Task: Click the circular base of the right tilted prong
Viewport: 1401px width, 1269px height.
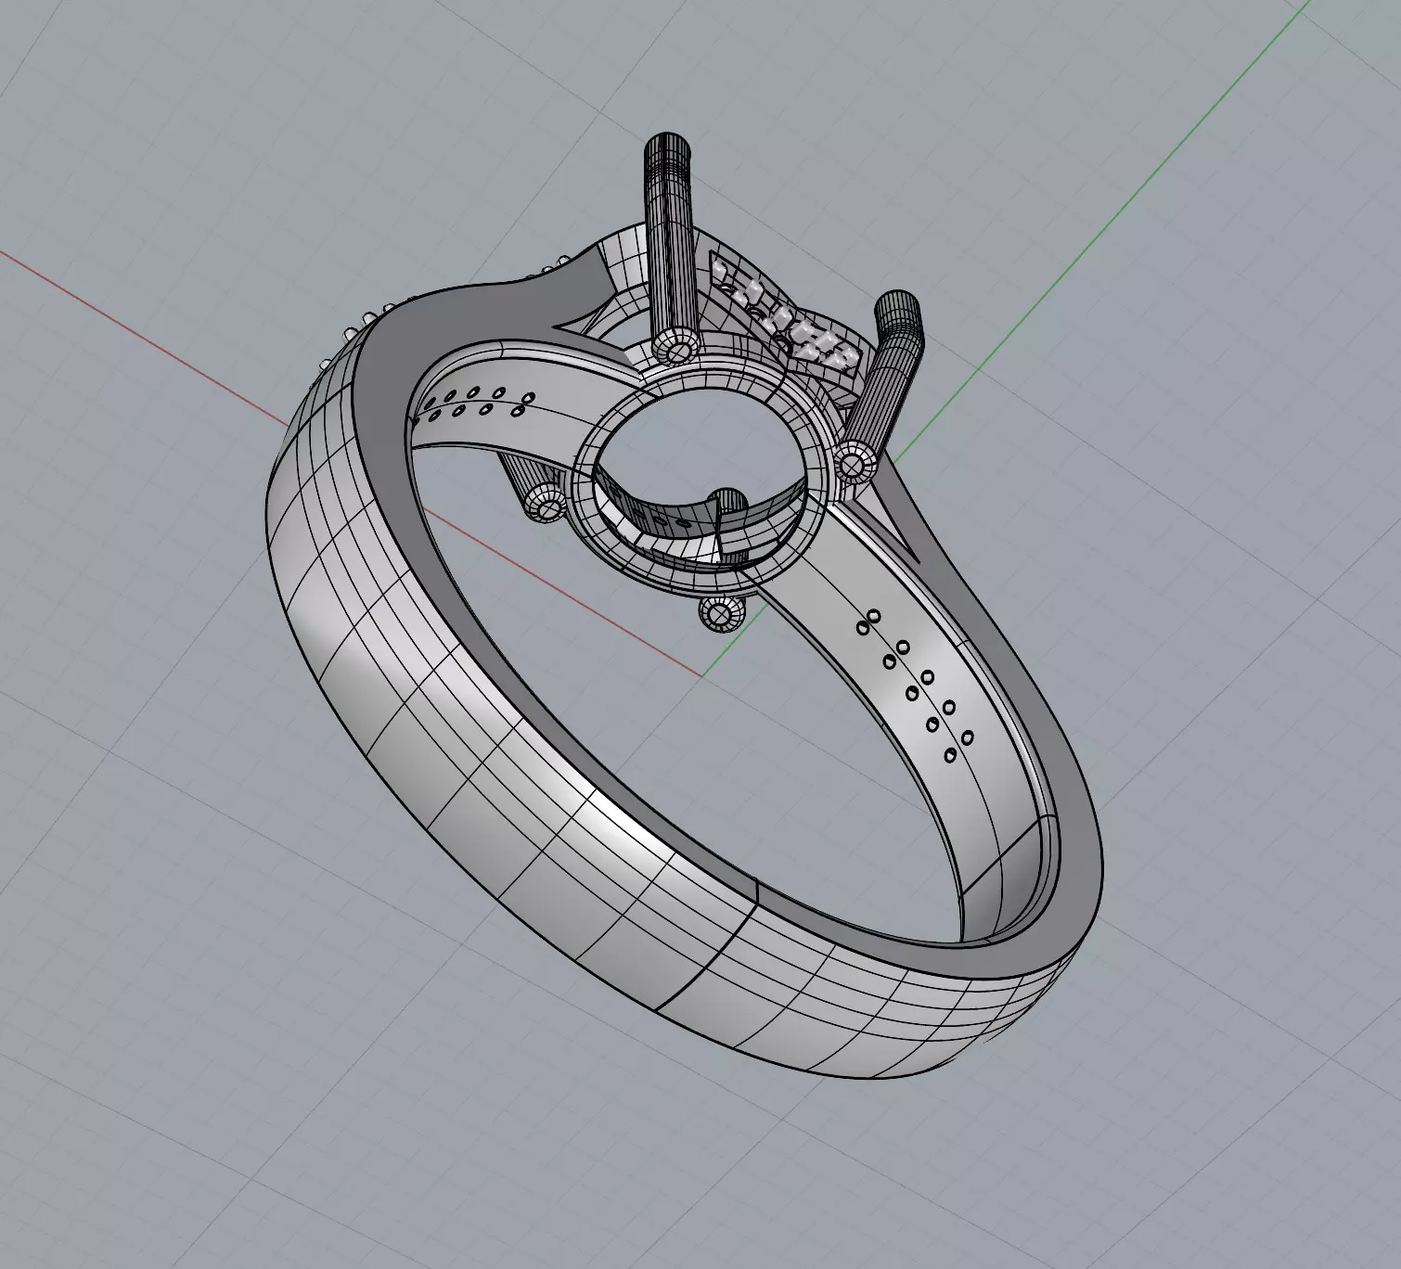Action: (x=855, y=461)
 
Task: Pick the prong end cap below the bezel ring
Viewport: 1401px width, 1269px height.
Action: (x=719, y=614)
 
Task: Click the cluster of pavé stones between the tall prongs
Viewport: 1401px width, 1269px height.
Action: (x=789, y=320)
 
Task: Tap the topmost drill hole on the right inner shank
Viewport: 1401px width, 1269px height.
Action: (x=873, y=615)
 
